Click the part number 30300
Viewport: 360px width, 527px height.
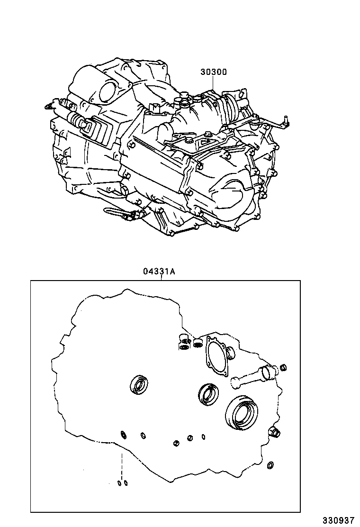click(x=213, y=72)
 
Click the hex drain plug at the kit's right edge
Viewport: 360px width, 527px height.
click(x=274, y=431)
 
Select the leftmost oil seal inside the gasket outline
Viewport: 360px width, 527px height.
click(x=139, y=384)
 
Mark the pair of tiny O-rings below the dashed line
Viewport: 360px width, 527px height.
click(x=123, y=483)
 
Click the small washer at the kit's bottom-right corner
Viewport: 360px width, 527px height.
click(x=270, y=465)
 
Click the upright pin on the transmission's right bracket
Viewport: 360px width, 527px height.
click(x=286, y=120)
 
